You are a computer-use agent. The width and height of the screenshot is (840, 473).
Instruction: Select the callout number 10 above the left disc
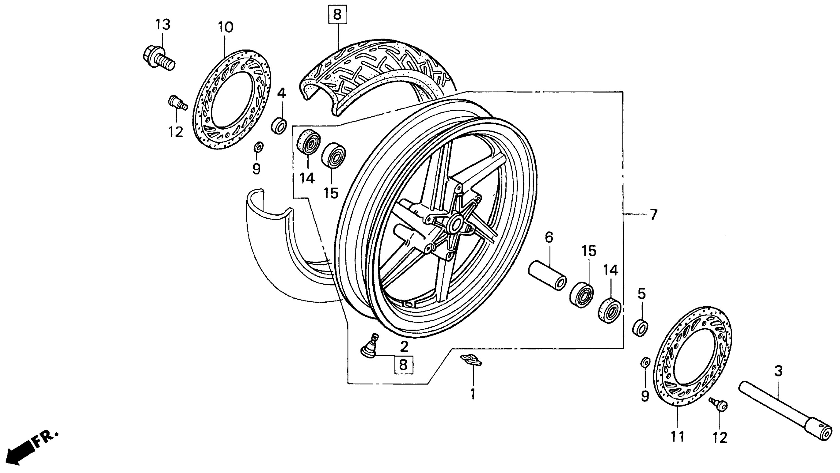tap(225, 27)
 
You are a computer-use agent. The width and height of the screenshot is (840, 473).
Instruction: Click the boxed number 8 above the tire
tap(337, 15)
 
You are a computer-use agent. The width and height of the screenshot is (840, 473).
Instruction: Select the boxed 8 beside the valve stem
tap(403, 364)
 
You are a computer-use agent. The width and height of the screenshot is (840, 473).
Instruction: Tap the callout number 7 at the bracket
tap(653, 215)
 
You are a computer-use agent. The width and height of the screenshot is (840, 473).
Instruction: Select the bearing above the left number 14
tap(308, 142)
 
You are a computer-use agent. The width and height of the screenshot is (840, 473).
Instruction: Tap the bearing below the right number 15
tap(581, 295)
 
